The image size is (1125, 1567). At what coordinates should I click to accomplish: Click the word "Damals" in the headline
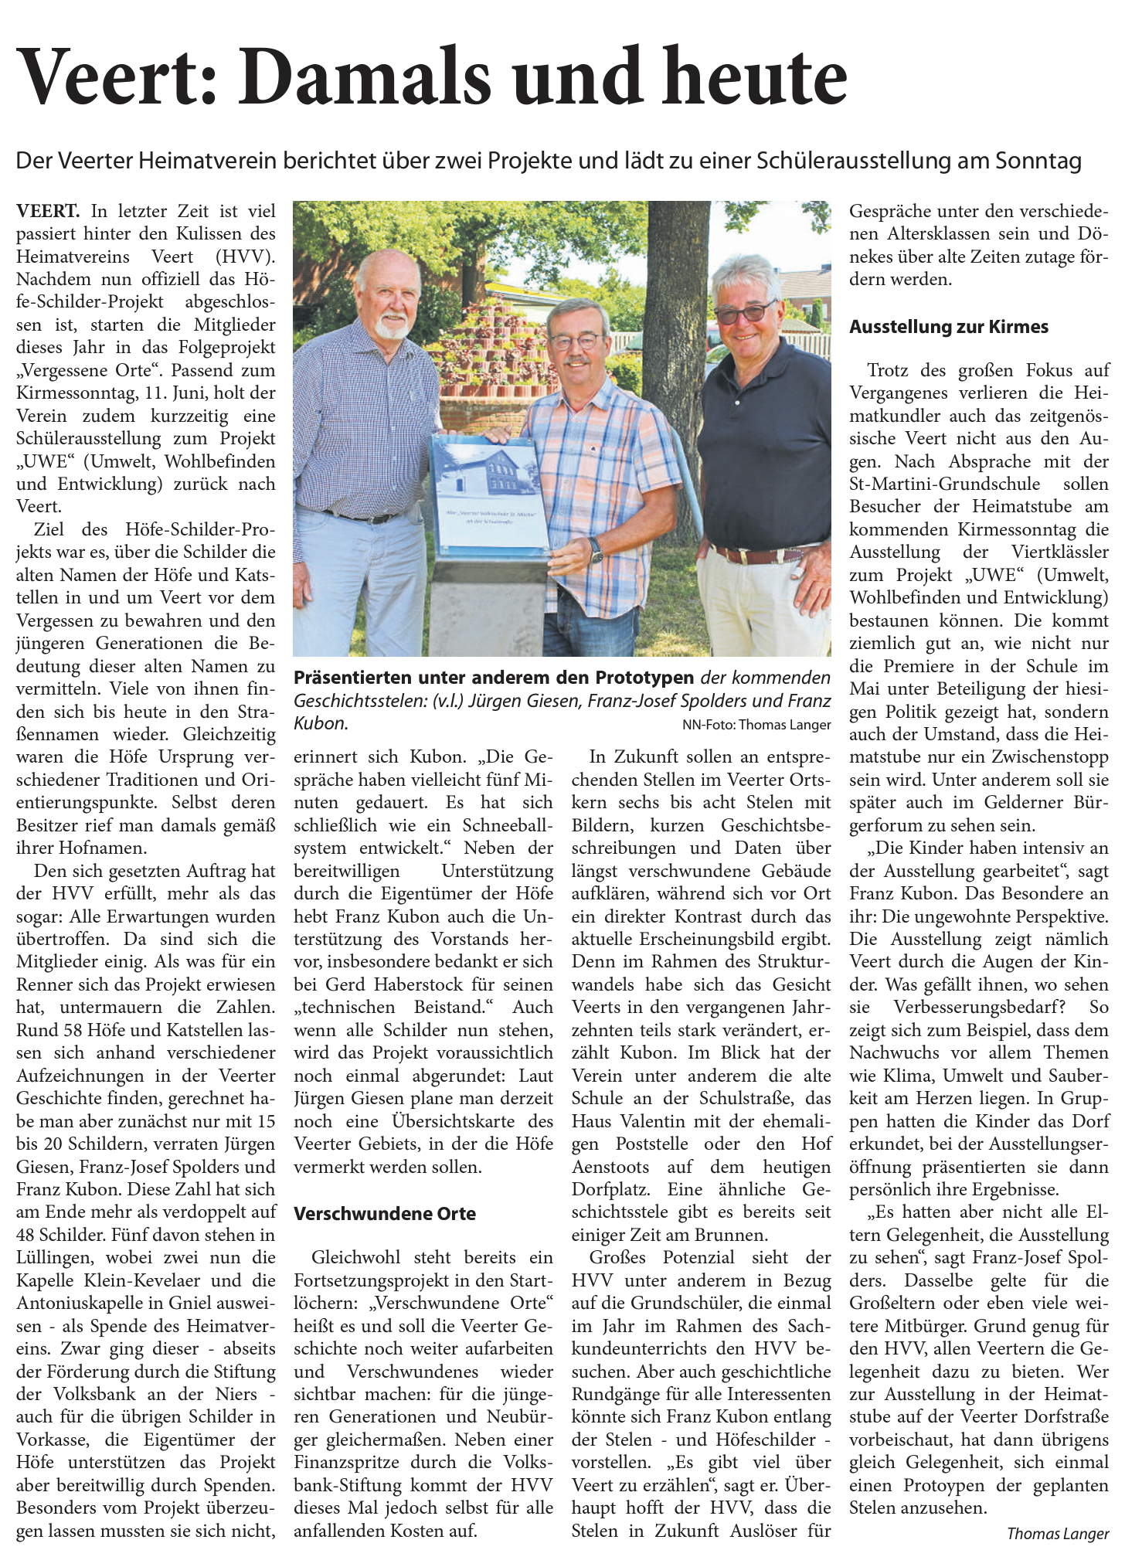coord(363,77)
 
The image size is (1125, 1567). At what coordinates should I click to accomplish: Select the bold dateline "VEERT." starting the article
coord(48,211)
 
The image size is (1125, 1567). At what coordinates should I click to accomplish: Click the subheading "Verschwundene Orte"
coord(385,1213)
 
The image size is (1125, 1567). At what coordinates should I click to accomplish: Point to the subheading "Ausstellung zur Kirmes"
coord(949,327)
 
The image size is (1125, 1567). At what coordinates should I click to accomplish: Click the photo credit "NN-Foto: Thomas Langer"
coord(756,725)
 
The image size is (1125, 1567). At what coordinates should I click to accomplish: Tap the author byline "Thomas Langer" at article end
coord(1057,1534)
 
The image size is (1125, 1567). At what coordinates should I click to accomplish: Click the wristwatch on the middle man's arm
coord(596,549)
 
